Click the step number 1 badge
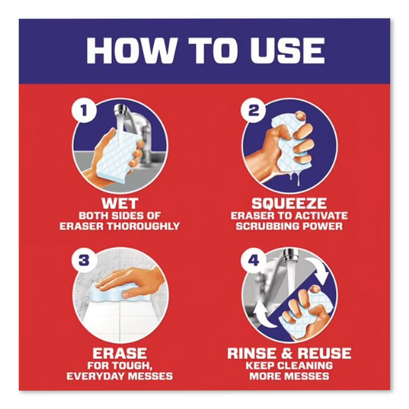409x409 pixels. point(84,111)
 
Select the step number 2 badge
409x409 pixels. point(253,111)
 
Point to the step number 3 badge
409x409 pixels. point(84,261)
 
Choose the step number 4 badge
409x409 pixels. point(253,261)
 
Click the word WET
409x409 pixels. point(120,204)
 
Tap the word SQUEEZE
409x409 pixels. point(289,204)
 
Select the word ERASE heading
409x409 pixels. point(120,353)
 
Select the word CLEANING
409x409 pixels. point(308,366)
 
